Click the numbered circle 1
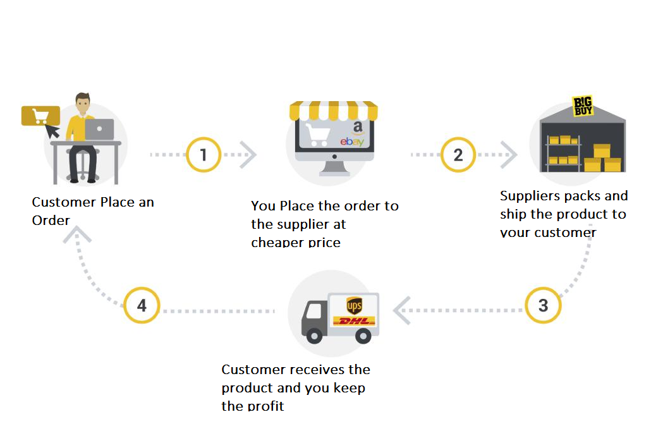(x=203, y=154)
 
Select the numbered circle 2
(x=458, y=154)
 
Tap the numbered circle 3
(x=543, y=306)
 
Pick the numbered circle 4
(x=142, y=306)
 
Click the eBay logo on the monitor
(x=352, y=142)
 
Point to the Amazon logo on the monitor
(x=358, y=128)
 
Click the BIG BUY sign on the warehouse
(x=583, y=106)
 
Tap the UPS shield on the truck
(x=354, y=306)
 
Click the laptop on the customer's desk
(x=99, y=130)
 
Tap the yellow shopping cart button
(x=40, y=116)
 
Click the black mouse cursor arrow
(x=53, y=131)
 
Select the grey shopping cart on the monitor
(x=317, y=134)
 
